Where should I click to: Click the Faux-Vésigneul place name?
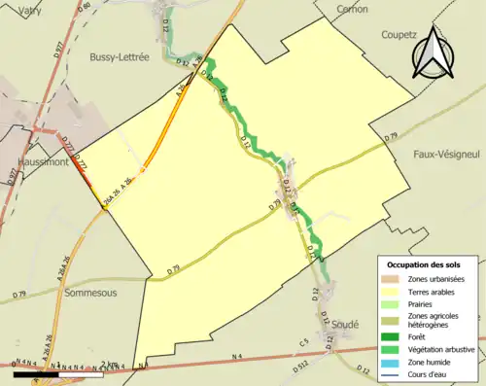click(x=447, y=154)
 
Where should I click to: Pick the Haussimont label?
click(x=33, y=162)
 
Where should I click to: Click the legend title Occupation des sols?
click(x=424, y=264)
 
